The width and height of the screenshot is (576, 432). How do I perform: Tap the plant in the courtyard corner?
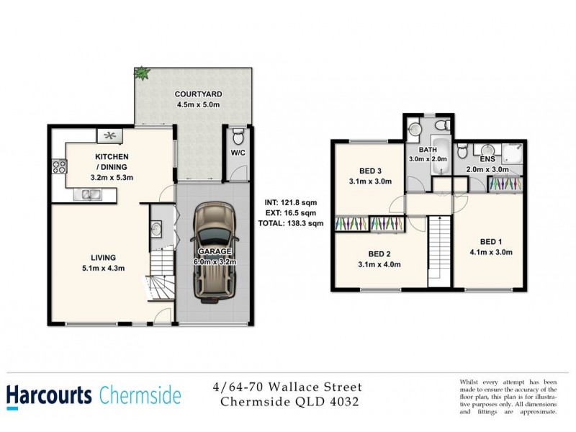click(x=141, y=73)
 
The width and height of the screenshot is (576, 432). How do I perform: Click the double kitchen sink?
click(x=91, y=193)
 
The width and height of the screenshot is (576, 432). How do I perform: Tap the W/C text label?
click(x=238, y=153)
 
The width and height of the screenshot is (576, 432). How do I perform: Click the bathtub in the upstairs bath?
click(x=440, y=163)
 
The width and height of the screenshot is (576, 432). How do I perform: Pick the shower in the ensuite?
click(x=513, y=153)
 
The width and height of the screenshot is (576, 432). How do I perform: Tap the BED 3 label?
click(x=369, y=171)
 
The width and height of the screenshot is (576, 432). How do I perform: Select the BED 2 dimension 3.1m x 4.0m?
click(x=379, y=265)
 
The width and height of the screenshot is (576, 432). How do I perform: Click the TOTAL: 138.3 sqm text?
click(x=291, y=224)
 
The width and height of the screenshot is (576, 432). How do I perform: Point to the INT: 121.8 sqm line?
click(x=291, y=202)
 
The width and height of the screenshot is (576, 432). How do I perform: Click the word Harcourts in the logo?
click(x=50, y=395)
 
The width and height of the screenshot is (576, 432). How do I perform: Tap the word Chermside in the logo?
click(x=139, y=395)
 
